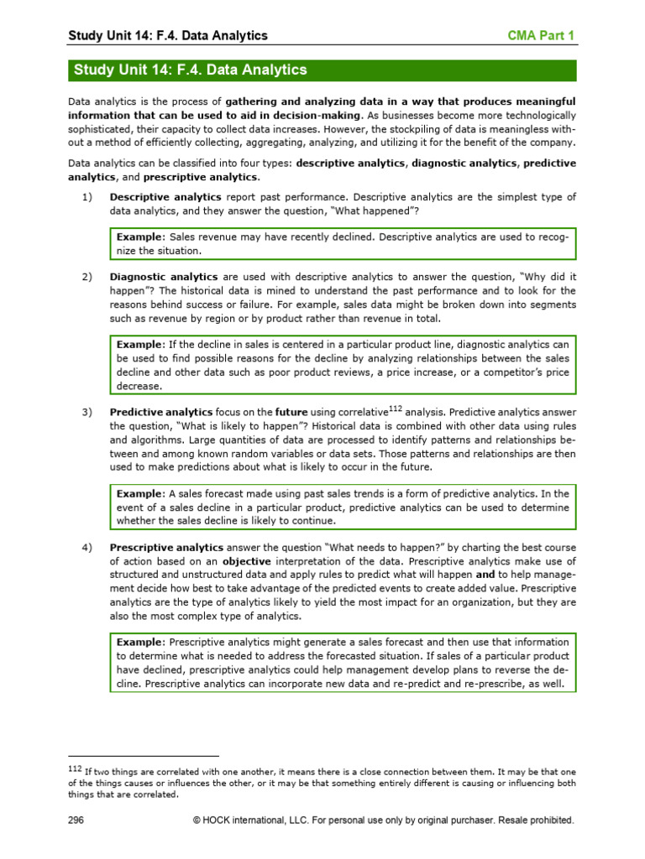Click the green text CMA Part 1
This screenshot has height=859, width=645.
coord(543,35)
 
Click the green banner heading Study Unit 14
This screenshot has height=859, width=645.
coord(191,70)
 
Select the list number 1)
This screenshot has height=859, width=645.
coord(87,197)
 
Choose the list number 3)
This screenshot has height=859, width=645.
coord(87,413)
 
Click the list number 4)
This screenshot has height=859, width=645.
coord(87,549)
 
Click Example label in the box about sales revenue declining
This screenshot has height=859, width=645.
coord(140,237)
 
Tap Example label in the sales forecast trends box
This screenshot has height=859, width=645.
coord(140,494)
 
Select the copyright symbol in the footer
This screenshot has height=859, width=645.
coord(197,820)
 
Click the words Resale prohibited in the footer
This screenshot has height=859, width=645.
coord(534,820)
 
